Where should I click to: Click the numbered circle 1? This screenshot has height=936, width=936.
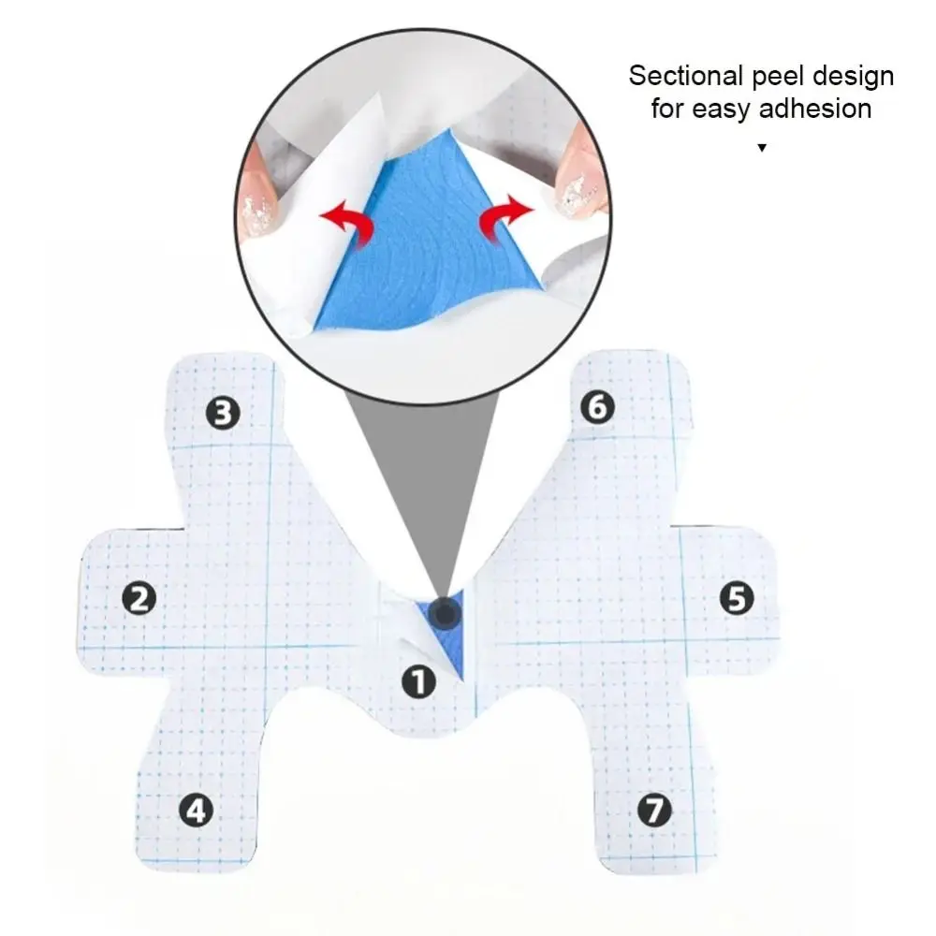click(x=419, y=681)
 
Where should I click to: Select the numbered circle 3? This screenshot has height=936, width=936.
click(x=222, y=412)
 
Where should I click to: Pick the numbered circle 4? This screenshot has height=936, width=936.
click(x=195, y=810)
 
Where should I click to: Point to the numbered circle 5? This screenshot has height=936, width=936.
click(x=736, y=597)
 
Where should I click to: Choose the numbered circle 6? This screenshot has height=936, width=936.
click(x=597, y=406)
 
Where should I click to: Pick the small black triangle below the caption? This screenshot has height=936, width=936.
click(x=762, y=147)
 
